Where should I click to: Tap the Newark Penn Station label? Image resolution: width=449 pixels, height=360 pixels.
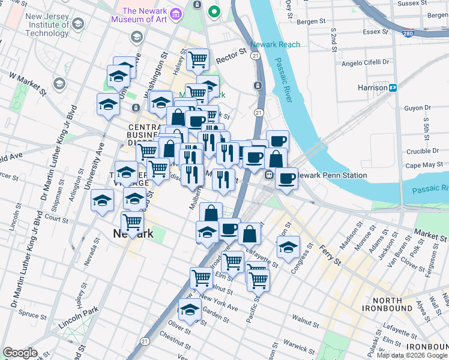332,176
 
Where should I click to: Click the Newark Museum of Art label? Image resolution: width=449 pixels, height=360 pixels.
145,16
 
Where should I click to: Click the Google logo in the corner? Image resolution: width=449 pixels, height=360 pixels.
20,353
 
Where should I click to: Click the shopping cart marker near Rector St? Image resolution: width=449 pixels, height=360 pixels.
197,59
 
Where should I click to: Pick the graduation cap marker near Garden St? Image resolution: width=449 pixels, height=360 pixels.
190,310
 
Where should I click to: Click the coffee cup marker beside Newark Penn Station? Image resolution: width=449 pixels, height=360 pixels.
287,178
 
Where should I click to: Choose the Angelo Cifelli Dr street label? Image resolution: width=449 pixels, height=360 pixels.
365,62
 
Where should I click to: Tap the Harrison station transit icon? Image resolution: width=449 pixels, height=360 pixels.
394,88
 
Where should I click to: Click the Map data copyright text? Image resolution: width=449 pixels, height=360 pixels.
412,355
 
